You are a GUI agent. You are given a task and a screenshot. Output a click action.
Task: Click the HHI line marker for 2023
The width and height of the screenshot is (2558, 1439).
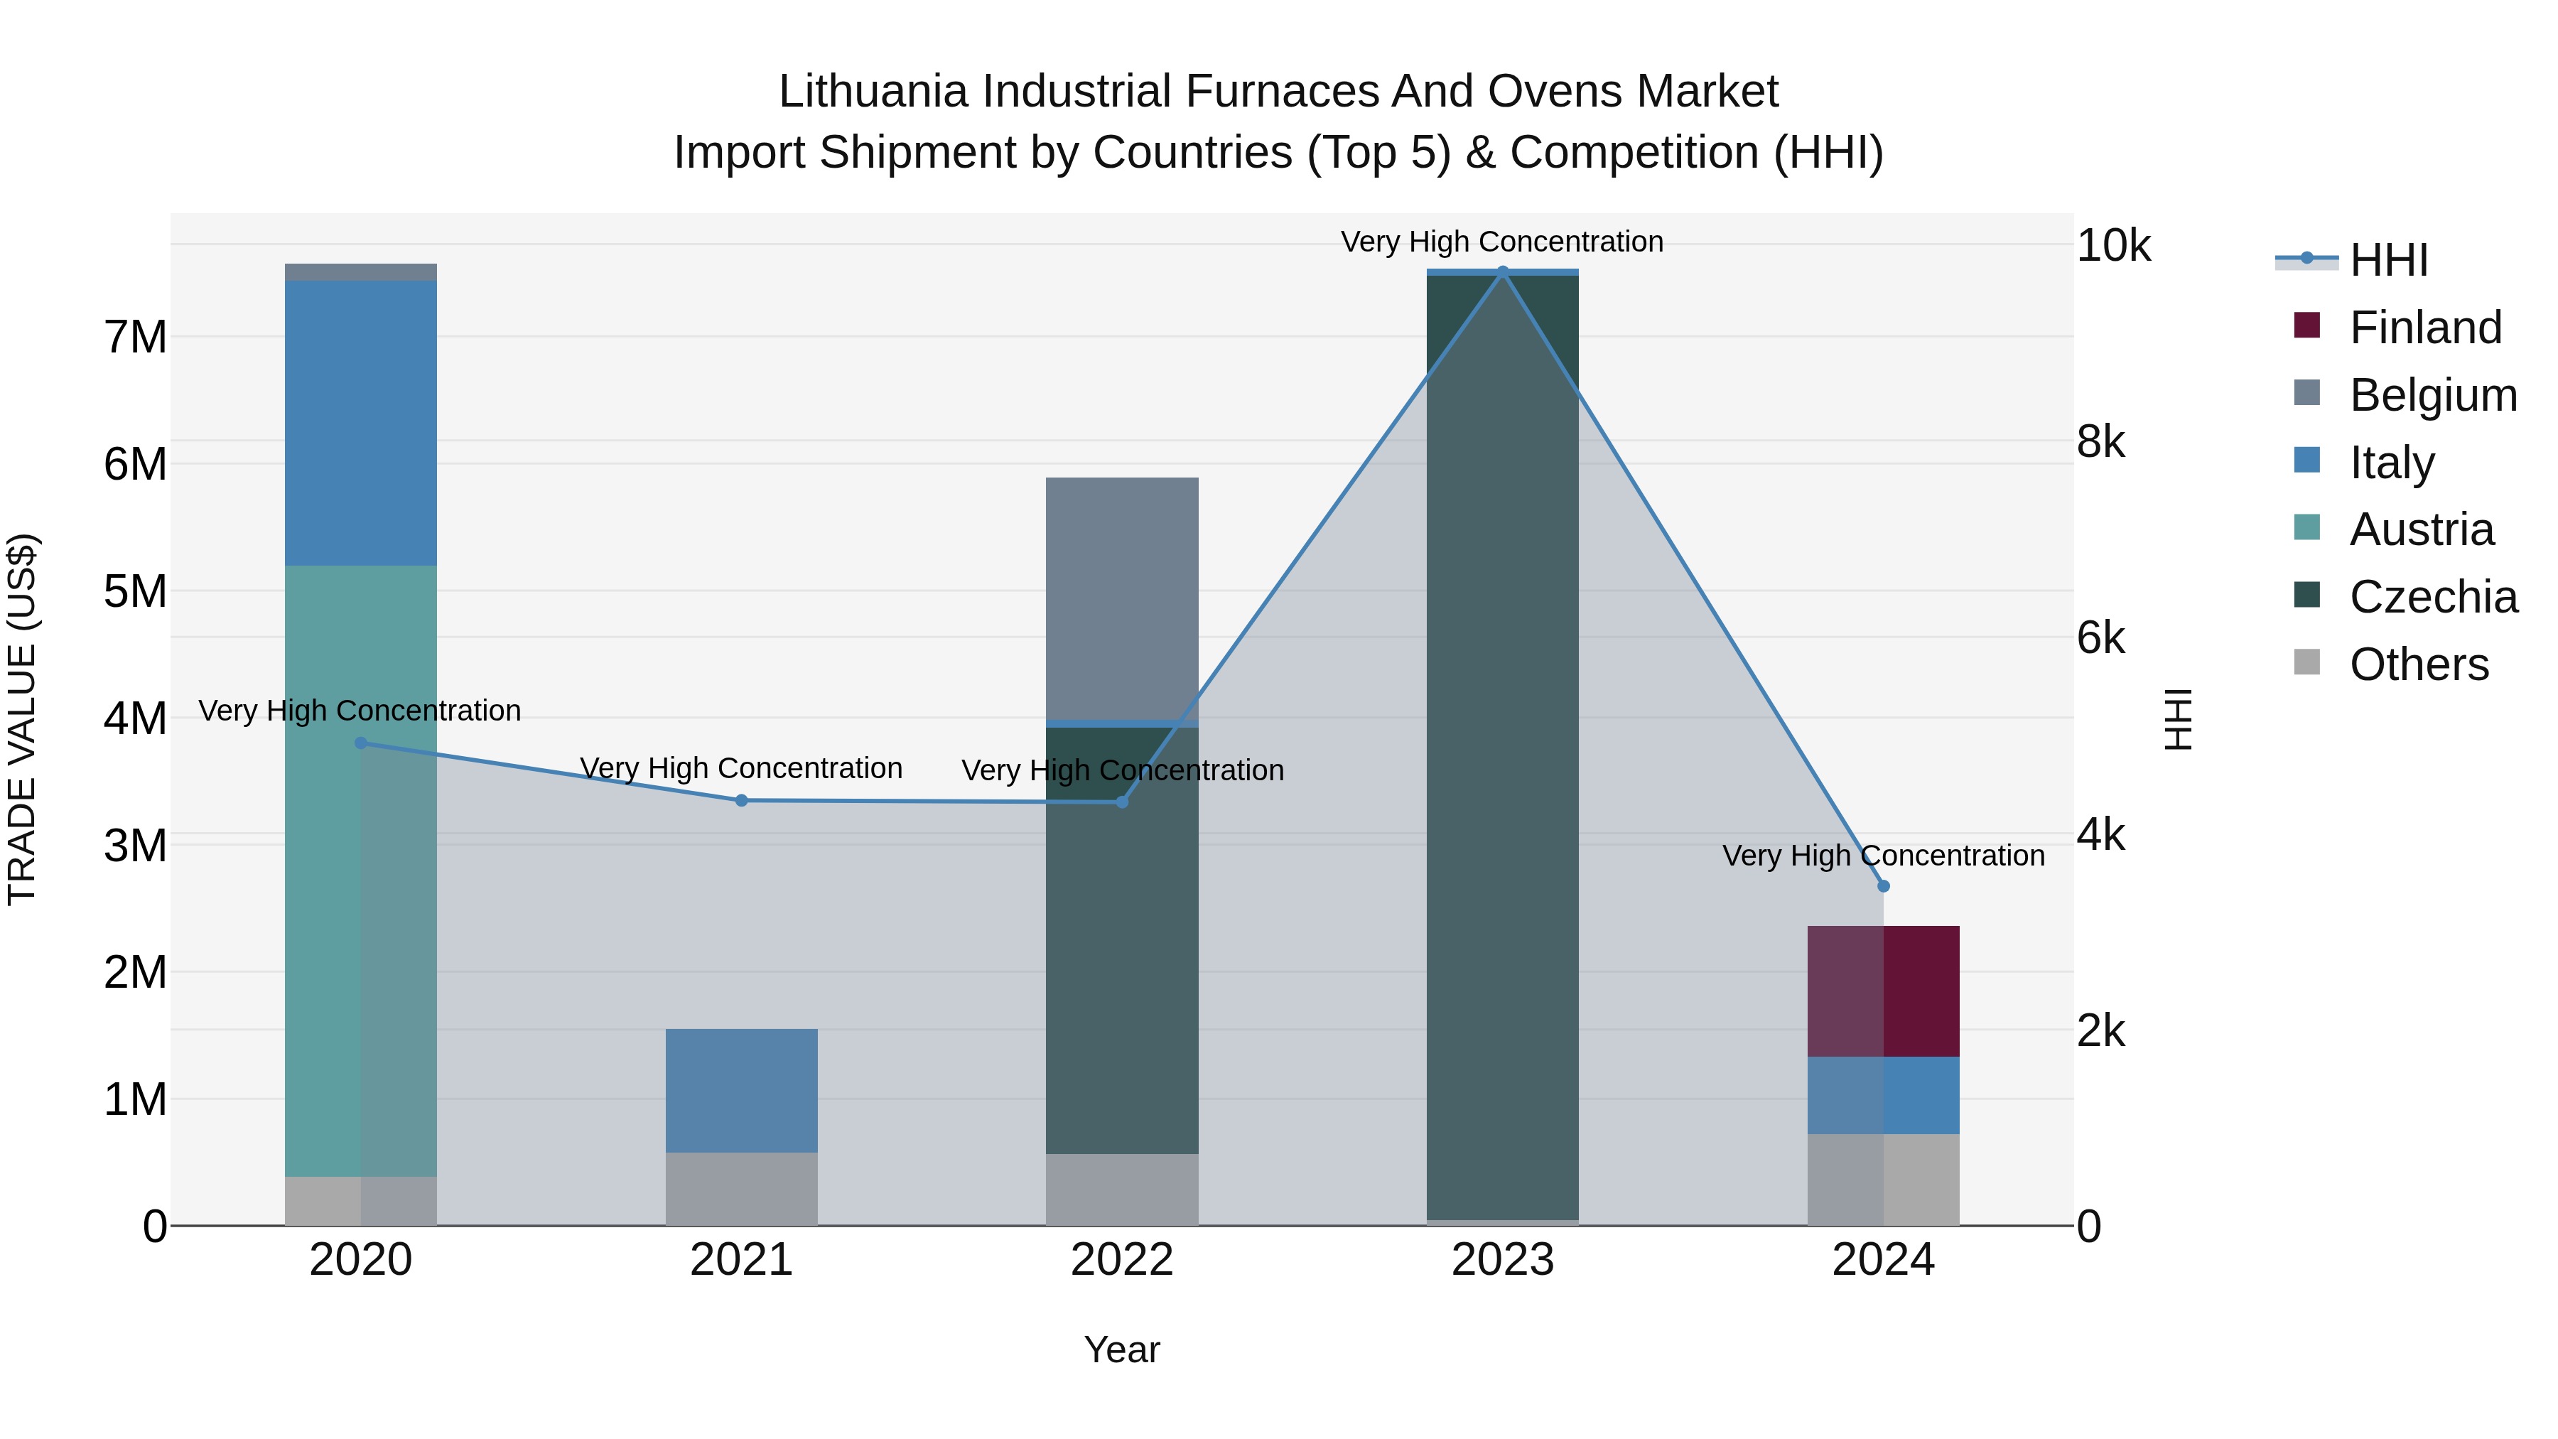1502,271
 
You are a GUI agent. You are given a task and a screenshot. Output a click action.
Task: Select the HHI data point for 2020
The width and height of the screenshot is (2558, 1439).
360,743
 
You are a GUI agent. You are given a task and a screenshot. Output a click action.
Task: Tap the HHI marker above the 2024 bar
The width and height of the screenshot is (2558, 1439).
1884,886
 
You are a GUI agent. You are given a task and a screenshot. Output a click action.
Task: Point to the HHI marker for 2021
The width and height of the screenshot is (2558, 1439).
742,800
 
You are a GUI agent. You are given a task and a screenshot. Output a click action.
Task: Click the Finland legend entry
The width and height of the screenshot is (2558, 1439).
2424,328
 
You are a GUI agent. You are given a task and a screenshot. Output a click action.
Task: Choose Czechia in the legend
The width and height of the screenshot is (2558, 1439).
2432,597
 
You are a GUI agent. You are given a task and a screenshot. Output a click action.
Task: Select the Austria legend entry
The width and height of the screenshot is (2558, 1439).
2420,529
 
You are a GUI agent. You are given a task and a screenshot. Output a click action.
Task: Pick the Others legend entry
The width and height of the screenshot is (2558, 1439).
2418,664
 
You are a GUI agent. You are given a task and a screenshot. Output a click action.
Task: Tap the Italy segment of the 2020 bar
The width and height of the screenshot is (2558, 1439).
360,422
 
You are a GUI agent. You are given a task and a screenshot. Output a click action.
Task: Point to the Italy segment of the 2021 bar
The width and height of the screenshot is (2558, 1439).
742,1090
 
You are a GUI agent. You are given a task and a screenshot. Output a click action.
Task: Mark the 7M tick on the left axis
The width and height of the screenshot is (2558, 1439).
136,338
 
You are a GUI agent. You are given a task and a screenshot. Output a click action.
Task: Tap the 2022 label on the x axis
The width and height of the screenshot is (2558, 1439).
1122,1260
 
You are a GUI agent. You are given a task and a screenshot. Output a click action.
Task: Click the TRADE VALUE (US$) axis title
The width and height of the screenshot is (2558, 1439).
22,719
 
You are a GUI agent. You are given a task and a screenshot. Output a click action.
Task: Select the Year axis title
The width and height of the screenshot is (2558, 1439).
1122,1349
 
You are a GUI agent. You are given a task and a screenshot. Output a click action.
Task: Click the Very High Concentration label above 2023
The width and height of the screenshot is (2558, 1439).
1501,242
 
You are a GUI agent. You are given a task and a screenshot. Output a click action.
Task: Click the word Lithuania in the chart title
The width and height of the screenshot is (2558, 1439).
874,92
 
